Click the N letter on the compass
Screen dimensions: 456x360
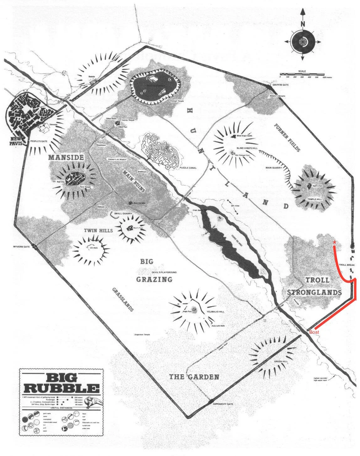click(x=303, y=24)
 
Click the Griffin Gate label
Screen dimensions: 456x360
click(x=280, y=85)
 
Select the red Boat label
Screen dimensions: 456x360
click(x=314, y=332)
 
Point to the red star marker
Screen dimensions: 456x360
click(x=335, y=242)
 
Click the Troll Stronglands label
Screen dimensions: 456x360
click(x=314, y=286)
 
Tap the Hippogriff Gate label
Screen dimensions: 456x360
click(x=223, y=404)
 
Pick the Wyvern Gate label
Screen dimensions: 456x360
click(x=21, y=247)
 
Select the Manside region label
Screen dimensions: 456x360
click(x=66, y=157)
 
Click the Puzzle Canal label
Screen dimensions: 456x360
click(x=188, y=168)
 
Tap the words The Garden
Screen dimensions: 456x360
click(x=194, y=377)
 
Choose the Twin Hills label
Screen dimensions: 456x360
click(x=98, y=231)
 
